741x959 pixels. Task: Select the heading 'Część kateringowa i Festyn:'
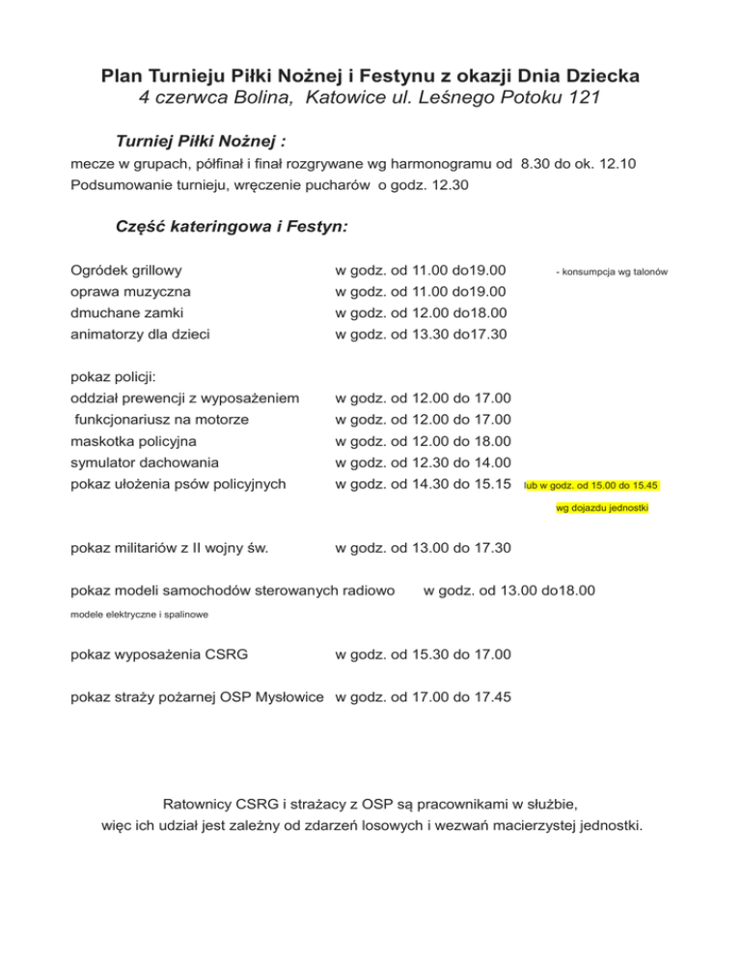point(232,229)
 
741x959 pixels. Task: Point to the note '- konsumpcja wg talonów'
point(613,272)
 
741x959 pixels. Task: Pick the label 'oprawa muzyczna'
point(131,290)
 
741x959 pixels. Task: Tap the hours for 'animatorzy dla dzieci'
point(422,334)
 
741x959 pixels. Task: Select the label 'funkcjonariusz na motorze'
point(162,419)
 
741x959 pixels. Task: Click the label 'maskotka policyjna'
point(134,441)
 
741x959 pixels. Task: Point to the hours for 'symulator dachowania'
point(423,462)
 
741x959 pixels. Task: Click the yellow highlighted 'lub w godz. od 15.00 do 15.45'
point(591,484)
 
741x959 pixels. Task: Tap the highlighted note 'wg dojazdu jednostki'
point(603,508)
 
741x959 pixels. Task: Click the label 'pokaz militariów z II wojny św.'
point(170,549)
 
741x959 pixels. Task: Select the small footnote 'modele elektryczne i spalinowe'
point(141,614)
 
